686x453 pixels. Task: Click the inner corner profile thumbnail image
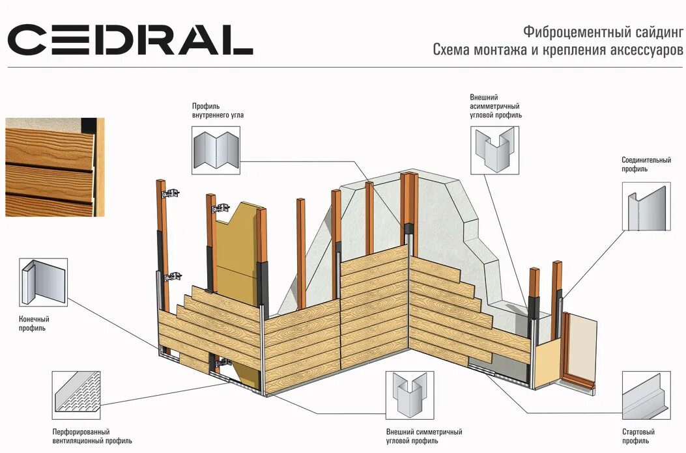pos(216,150)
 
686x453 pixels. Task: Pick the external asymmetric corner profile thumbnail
pos(495,150)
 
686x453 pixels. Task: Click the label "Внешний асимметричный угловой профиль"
pos(495,105)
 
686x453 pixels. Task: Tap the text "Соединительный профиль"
pos(646,164)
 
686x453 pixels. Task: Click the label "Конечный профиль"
pos(35,323)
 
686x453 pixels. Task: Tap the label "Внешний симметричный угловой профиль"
pos(424,436)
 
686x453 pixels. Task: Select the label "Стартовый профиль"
pos(638,436)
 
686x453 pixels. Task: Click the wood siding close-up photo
pos(55,167)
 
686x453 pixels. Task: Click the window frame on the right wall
pos(579,348)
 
